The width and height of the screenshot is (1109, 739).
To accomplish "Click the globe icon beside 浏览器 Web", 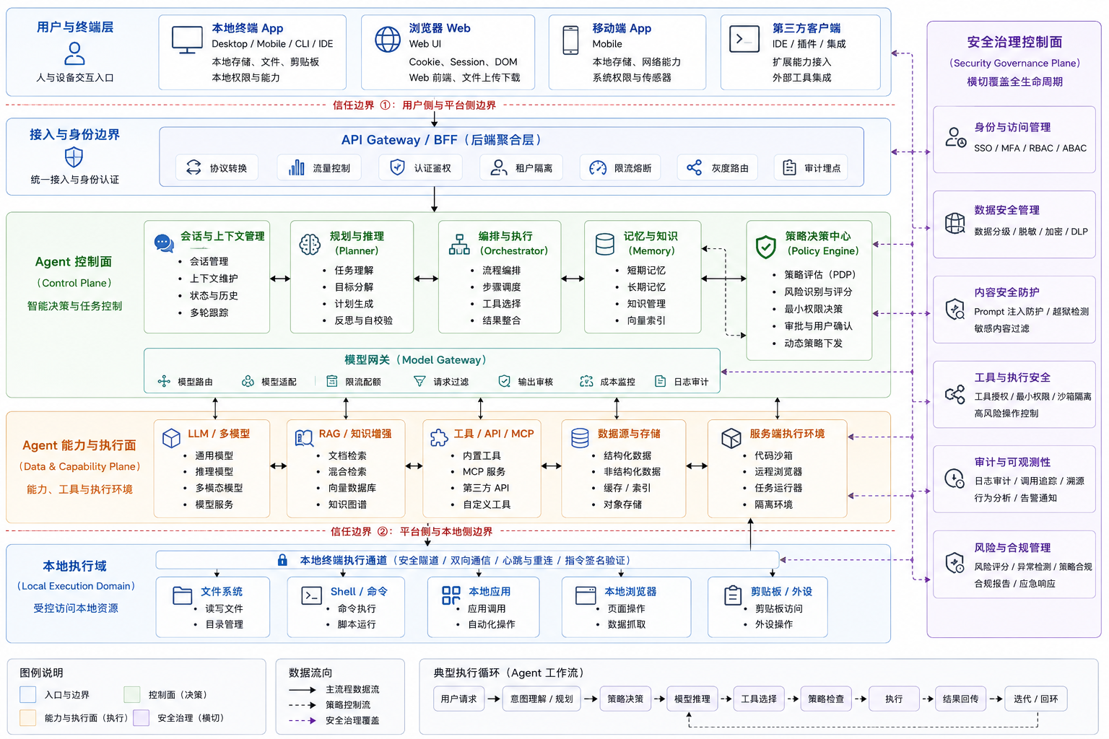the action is tap(387, 40).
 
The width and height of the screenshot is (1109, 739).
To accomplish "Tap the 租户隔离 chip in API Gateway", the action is tap(521, 168).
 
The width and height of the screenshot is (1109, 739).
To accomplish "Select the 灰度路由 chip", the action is tap(718, 168).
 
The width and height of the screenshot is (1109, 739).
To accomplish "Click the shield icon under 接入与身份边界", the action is tap(74, 157).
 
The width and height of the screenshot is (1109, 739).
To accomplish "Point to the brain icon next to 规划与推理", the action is tap(310, 244).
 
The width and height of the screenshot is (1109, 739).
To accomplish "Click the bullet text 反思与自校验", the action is tap(363, 320).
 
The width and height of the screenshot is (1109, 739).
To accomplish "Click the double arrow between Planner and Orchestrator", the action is tap(426, 279).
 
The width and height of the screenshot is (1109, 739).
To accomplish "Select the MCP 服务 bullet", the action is tap(484, 471).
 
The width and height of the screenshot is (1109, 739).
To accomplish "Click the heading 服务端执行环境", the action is tap(787, 434).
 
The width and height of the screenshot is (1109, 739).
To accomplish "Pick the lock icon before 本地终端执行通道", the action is tap(282, 560).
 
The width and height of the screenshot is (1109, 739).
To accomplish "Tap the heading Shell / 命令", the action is tap(359, 592).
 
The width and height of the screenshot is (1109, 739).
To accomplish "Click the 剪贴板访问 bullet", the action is tap(779, 608).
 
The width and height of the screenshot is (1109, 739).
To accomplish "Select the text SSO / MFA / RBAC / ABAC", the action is tap(1030, 148).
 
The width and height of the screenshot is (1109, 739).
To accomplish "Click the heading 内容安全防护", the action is tap(1006, 292).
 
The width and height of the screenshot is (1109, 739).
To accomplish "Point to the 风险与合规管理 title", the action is tap(1012, 548).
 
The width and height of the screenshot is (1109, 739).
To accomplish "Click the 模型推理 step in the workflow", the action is tap(692, 699).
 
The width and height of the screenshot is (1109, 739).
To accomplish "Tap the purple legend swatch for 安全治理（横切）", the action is tap(141, 718).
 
